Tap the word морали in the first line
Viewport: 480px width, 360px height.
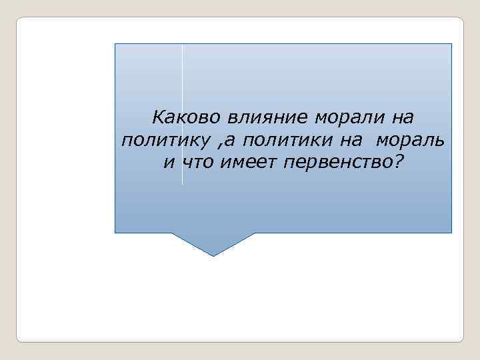tap(339, 117)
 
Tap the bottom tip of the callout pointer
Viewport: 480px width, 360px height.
tap(213, 255)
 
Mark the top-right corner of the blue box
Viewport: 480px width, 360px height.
tap(451, 44)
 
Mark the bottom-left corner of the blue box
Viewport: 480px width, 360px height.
tap(115, 232)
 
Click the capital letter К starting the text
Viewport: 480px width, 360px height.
tap(158, 117)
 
